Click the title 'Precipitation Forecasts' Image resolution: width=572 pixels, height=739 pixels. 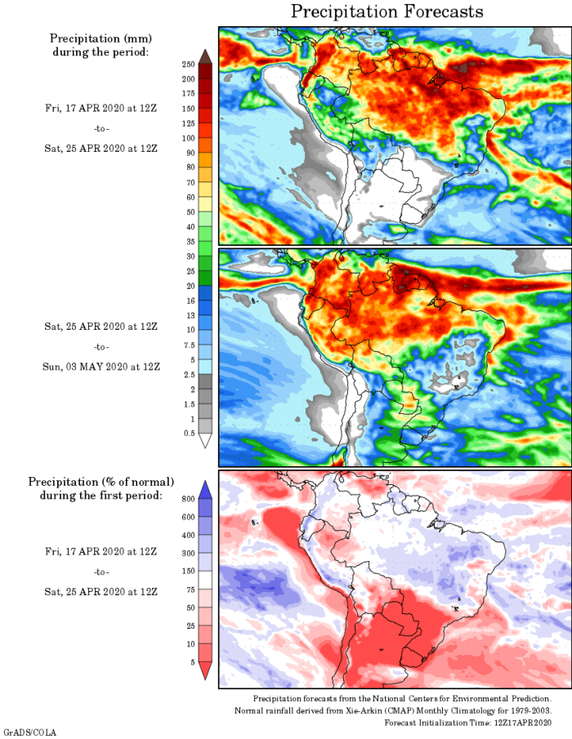pyautogui.click(x=387, y=11)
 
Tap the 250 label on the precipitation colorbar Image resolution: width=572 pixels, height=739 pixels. pyautogui.click(x=188, y=64)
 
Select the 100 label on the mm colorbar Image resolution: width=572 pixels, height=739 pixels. pyautogui.click(x=188, y=138)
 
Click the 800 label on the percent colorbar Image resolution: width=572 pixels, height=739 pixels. pyautogui.click(x=187, y=498)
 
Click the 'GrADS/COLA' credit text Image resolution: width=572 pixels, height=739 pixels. pyautogui.click(x=29, y=732)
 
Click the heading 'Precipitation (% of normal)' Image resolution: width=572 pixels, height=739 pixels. pyautogui.click(x=101, y=482)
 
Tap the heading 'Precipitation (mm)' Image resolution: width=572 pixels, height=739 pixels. pyautogui.click(x=101, y=38)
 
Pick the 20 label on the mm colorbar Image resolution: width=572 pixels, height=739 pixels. pyautogui.click(x=190, y=286)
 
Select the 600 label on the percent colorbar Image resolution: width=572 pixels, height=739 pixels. pyautogui.click(x=187, y=516)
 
